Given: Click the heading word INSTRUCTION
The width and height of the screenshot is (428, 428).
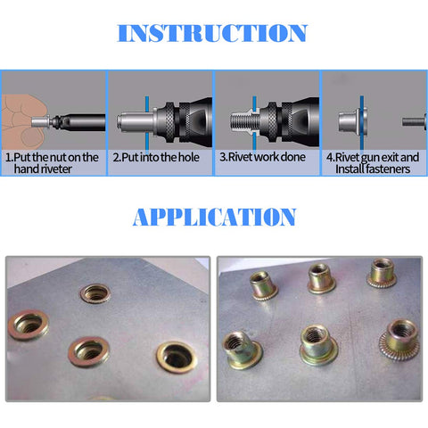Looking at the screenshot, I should [x=212, y=34].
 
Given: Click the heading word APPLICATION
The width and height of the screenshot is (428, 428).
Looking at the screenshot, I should [x=214, y=217].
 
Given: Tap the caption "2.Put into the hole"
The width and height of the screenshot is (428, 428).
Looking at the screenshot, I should [x=155, y=157].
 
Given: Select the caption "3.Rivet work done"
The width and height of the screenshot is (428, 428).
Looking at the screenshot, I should [x=262, y=157].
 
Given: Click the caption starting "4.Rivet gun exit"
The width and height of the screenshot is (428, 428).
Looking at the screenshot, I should [x=373, y=162].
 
